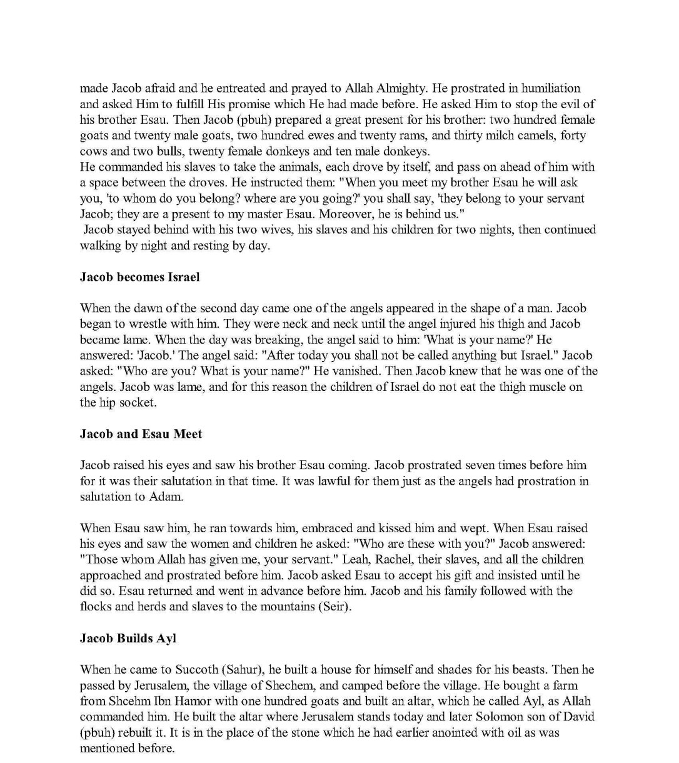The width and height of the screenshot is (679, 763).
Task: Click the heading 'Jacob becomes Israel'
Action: click(139, 277)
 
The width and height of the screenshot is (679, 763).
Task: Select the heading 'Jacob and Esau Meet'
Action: click(141, 434)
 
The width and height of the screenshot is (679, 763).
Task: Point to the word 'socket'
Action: click(137, 403)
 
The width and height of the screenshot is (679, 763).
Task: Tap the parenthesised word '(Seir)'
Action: click(334, 607)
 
